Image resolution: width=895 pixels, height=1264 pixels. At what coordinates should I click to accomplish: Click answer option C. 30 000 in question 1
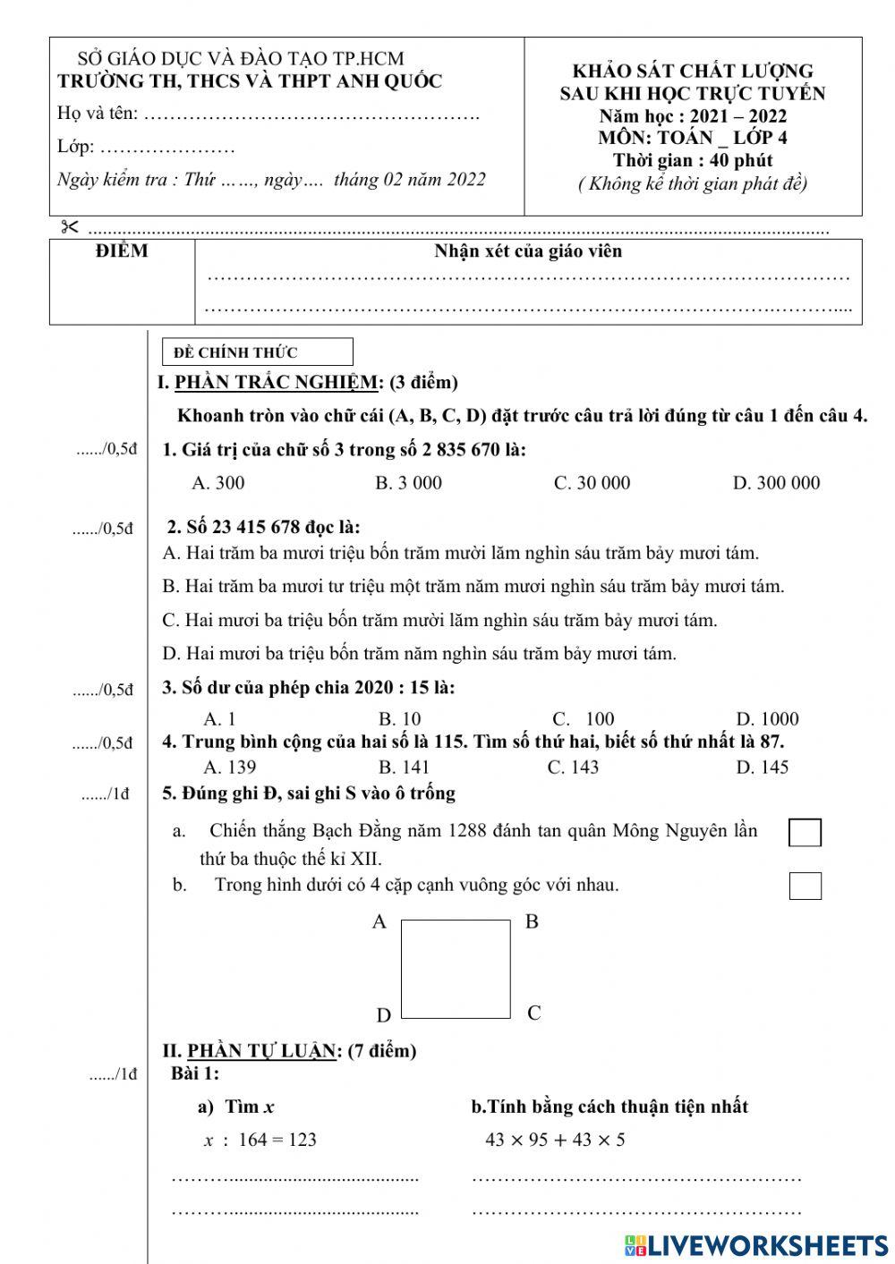592,483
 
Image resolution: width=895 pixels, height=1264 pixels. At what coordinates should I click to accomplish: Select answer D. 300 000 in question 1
776,483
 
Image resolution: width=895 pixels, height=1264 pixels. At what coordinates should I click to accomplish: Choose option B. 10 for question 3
399,719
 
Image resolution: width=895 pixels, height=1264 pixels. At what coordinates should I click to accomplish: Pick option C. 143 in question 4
573,767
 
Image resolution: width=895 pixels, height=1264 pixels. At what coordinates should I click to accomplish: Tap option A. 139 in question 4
229,767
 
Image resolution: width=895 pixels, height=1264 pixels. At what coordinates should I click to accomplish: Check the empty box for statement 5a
805,832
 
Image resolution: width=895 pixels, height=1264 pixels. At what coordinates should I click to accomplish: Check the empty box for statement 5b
805,886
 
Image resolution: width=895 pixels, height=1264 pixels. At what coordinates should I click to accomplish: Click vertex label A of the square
379,922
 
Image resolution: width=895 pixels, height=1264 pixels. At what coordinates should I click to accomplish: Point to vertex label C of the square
534,1014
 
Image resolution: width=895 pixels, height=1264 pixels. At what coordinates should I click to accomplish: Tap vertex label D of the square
383,1015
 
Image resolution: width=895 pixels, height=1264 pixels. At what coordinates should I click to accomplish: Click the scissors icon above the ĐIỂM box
70,226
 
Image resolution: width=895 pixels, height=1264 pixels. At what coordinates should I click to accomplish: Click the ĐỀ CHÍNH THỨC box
258,352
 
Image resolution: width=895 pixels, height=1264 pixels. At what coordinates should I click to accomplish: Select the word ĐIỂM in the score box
122,251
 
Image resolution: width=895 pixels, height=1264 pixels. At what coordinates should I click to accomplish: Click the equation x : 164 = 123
260,1140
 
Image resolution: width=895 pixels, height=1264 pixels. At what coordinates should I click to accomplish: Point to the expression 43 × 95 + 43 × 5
555,1140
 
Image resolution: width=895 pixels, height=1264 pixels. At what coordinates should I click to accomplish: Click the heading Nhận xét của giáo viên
528,251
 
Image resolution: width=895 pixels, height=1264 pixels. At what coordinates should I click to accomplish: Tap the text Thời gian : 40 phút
692,161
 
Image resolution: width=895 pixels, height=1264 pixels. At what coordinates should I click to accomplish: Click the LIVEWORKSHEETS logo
756,1244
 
